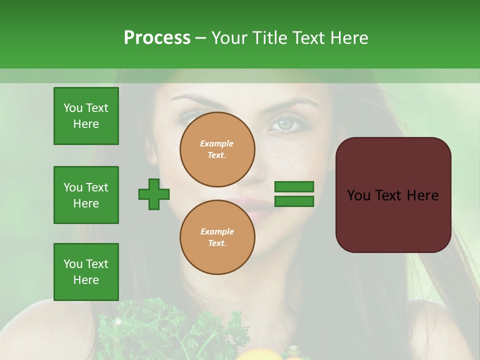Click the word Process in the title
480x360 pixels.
tap(157, 38)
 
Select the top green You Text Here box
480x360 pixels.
tap(86, 116)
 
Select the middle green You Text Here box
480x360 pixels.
tap(86, 195)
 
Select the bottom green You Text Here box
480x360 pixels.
tap(86, 272)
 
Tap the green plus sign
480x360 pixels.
tap(154, 194)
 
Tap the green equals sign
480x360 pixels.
tap(294, 194)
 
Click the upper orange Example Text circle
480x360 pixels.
tap(217, 149)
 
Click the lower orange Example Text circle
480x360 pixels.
tap(217, 237)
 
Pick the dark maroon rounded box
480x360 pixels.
tap(393, 195)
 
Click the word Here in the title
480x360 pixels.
tap(348, 38)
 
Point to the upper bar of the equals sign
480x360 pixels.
tap(294, 186)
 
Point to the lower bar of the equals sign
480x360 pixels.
tap(294, 201)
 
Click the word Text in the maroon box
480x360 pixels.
tap(393, 195)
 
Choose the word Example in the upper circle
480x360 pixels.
tap(217, 143)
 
